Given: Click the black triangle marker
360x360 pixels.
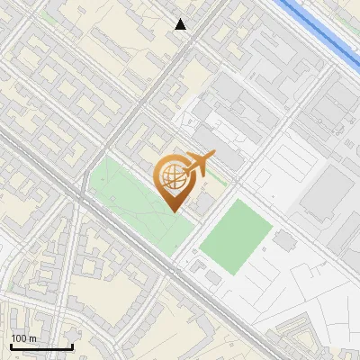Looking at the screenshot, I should [x=181, y=24].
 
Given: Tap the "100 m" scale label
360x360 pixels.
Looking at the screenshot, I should [x=23, y=338].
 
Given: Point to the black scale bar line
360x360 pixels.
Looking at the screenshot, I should [x=40, y=346].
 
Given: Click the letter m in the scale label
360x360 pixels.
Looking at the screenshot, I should [x=32, y=338].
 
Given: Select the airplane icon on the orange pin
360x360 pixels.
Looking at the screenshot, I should [x=199, y=166].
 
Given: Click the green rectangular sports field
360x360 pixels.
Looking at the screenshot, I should [x=234, y=237].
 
